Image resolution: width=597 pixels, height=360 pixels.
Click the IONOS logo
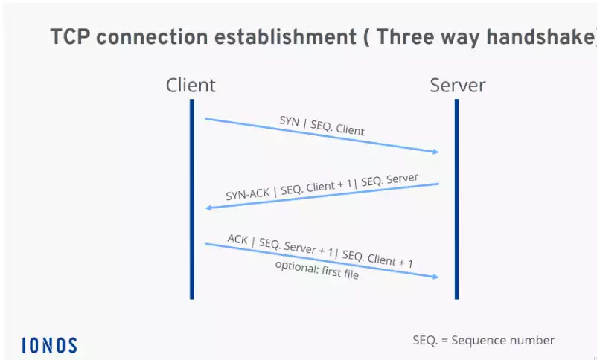point(49,345)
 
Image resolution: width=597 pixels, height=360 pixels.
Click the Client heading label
point(191,85)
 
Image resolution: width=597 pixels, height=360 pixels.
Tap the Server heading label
point(457,85)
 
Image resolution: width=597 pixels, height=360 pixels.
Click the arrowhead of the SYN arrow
point(435,152)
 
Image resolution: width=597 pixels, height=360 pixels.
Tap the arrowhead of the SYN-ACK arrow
point(208,208)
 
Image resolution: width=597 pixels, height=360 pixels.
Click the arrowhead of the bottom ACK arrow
point(435,277)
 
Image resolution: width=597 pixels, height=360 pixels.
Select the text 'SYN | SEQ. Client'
point(322,125)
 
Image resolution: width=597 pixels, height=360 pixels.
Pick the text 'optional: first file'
point(316,269)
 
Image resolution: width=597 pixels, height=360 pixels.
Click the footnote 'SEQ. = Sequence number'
point(483,340)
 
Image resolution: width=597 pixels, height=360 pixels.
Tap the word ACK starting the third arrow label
point(238,239)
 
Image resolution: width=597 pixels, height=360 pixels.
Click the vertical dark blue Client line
point(191,201)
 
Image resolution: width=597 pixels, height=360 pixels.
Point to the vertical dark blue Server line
point(456,201)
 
